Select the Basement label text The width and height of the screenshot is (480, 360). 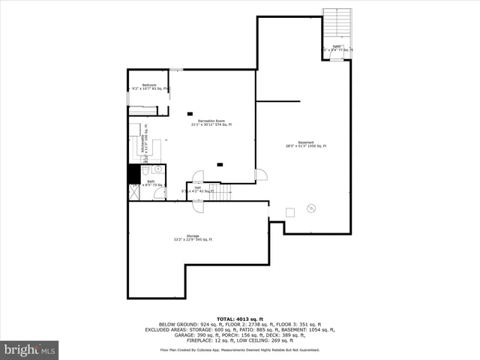tap(305, 144)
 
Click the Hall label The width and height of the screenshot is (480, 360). tap(197, 189)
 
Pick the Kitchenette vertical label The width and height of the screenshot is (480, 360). tap(143, 142)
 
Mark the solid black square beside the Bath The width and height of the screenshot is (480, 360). tap(134, 173)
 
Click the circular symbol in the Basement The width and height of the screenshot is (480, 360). tap(312, 208)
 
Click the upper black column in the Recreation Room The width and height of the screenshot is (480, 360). tap(190, 113)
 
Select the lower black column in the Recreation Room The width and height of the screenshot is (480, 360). tap(220, 163)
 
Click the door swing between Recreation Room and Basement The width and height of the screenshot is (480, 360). tap(260, 175)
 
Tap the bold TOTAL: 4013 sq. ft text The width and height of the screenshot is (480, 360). tap(239, 319)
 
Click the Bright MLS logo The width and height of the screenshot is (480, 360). tap(30, 349)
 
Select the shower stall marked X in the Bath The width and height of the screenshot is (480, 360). tap(134, 192)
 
